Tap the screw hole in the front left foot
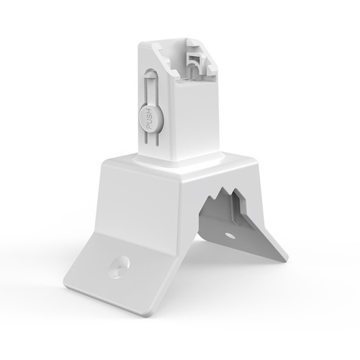click(x=117, y=266)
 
